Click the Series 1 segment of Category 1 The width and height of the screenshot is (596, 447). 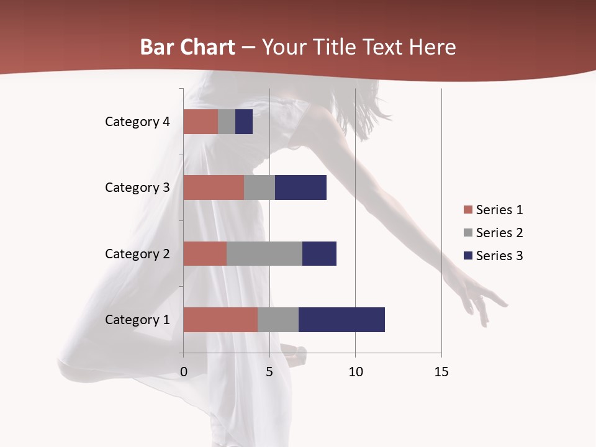coord(220,320)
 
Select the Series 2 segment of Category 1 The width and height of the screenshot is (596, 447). coord(278,320)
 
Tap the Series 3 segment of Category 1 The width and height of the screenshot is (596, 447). coord(341,320)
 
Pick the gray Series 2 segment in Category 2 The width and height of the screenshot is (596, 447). coord(264,253)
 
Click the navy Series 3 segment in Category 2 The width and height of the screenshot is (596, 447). coord(319,253)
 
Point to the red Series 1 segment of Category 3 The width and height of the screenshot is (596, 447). coord(214,187)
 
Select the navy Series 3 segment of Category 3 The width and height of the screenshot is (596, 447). coord(300,187)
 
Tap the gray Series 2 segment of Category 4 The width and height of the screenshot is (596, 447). coord(227,122)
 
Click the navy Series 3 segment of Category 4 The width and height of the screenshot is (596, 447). coord(244,122)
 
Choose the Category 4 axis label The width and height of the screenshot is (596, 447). coord(137,122)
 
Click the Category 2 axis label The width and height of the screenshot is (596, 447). coord(137,253)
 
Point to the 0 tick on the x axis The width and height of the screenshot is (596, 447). coord(184,372)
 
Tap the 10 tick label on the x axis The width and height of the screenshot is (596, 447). coord(355,372)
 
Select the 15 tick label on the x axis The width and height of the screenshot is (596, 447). coord(441,372)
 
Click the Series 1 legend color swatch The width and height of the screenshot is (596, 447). coord(467,210)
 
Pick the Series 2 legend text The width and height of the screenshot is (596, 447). coord(499,233)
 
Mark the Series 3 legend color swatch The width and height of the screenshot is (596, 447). coord(467,256)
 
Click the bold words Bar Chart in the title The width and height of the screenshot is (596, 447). coord(187,47)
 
